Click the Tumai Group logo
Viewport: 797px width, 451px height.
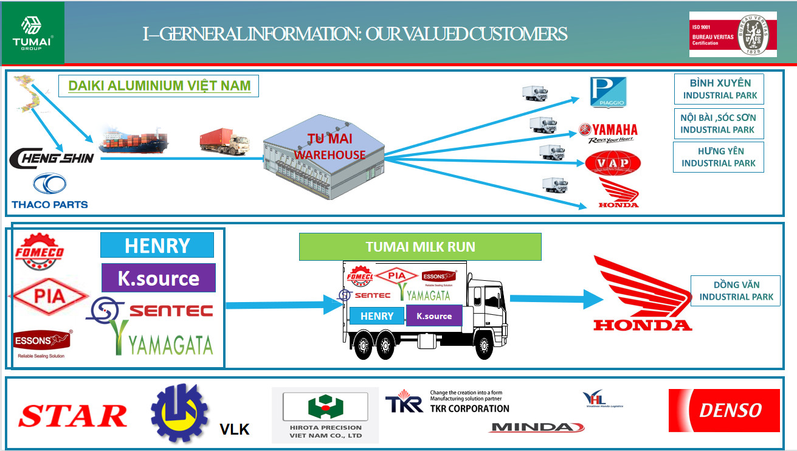(x=32, y=32)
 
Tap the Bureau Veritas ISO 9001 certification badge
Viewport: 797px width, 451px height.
(x=733, y=35)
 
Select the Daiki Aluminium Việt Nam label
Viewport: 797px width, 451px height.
(x=159, y=86)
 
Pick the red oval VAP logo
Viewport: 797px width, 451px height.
(x=612, y=164)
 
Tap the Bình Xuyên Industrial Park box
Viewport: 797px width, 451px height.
(x=720, y=89)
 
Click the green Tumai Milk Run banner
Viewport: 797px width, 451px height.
(x=420, y=247)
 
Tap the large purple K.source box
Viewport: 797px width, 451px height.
(x=158, y=278)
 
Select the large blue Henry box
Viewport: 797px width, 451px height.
(x=157, y=245)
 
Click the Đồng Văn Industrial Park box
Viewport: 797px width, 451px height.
(x=736, y=291)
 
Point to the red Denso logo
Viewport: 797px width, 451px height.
(x=723, y=410)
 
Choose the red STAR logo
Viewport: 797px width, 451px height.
(x=73, y=416)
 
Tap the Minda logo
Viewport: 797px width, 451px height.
(x=536, y=427)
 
